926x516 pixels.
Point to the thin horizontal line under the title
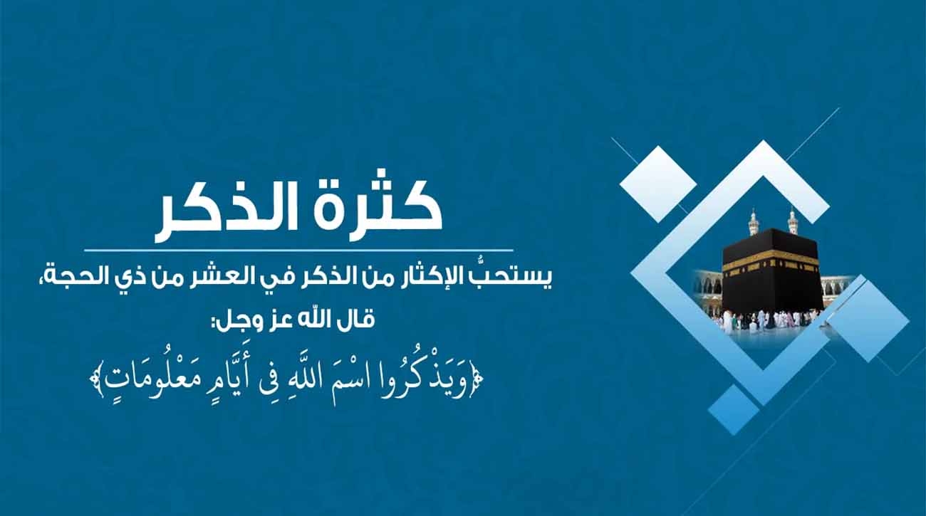pyautogui.click(x=299, y=251)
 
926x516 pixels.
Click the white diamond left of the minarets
pyautogui.click(x=658, y=184)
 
